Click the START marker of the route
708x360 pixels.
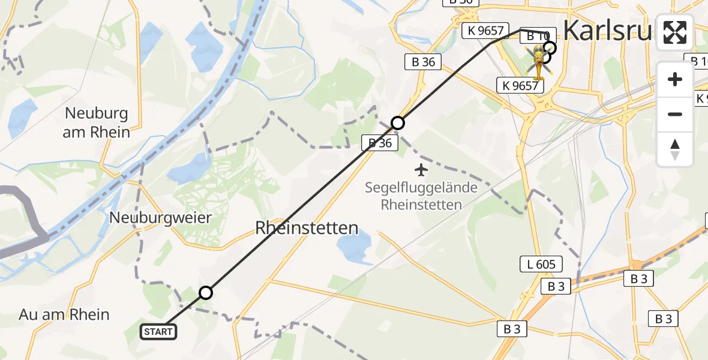(158, 331)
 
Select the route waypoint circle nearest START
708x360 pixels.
(206, 293)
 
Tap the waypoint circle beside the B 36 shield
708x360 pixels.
(398, 123)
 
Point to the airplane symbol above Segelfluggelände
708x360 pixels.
(422, 170)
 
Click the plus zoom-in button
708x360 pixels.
(675, 79)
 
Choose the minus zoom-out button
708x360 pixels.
(675, 114)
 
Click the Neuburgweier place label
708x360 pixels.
(160, 218)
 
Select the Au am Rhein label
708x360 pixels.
(64, 314)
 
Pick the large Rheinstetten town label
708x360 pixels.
(307, 228)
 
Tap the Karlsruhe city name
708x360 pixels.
(606, 30)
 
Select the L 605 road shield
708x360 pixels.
(541, 264)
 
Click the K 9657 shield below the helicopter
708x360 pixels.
(519, 85)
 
